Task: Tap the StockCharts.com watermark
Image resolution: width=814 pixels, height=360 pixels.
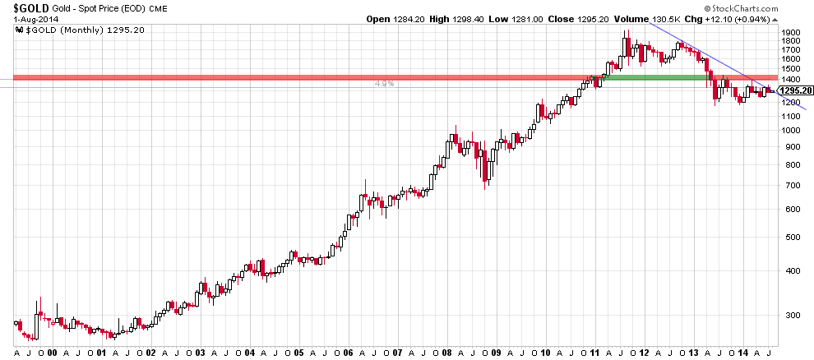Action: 742,8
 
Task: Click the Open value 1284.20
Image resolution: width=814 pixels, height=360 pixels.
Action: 410,19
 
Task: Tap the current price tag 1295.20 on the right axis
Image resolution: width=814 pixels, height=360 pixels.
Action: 794,90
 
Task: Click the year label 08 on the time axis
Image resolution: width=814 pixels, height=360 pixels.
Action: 446,353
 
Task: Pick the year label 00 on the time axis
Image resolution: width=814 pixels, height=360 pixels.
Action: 52,353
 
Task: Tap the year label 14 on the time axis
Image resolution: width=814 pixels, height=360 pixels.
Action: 742,353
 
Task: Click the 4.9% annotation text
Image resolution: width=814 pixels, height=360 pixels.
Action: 384,84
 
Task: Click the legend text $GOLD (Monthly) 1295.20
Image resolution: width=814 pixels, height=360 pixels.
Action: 81,30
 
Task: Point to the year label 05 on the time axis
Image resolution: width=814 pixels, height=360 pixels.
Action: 298,353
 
